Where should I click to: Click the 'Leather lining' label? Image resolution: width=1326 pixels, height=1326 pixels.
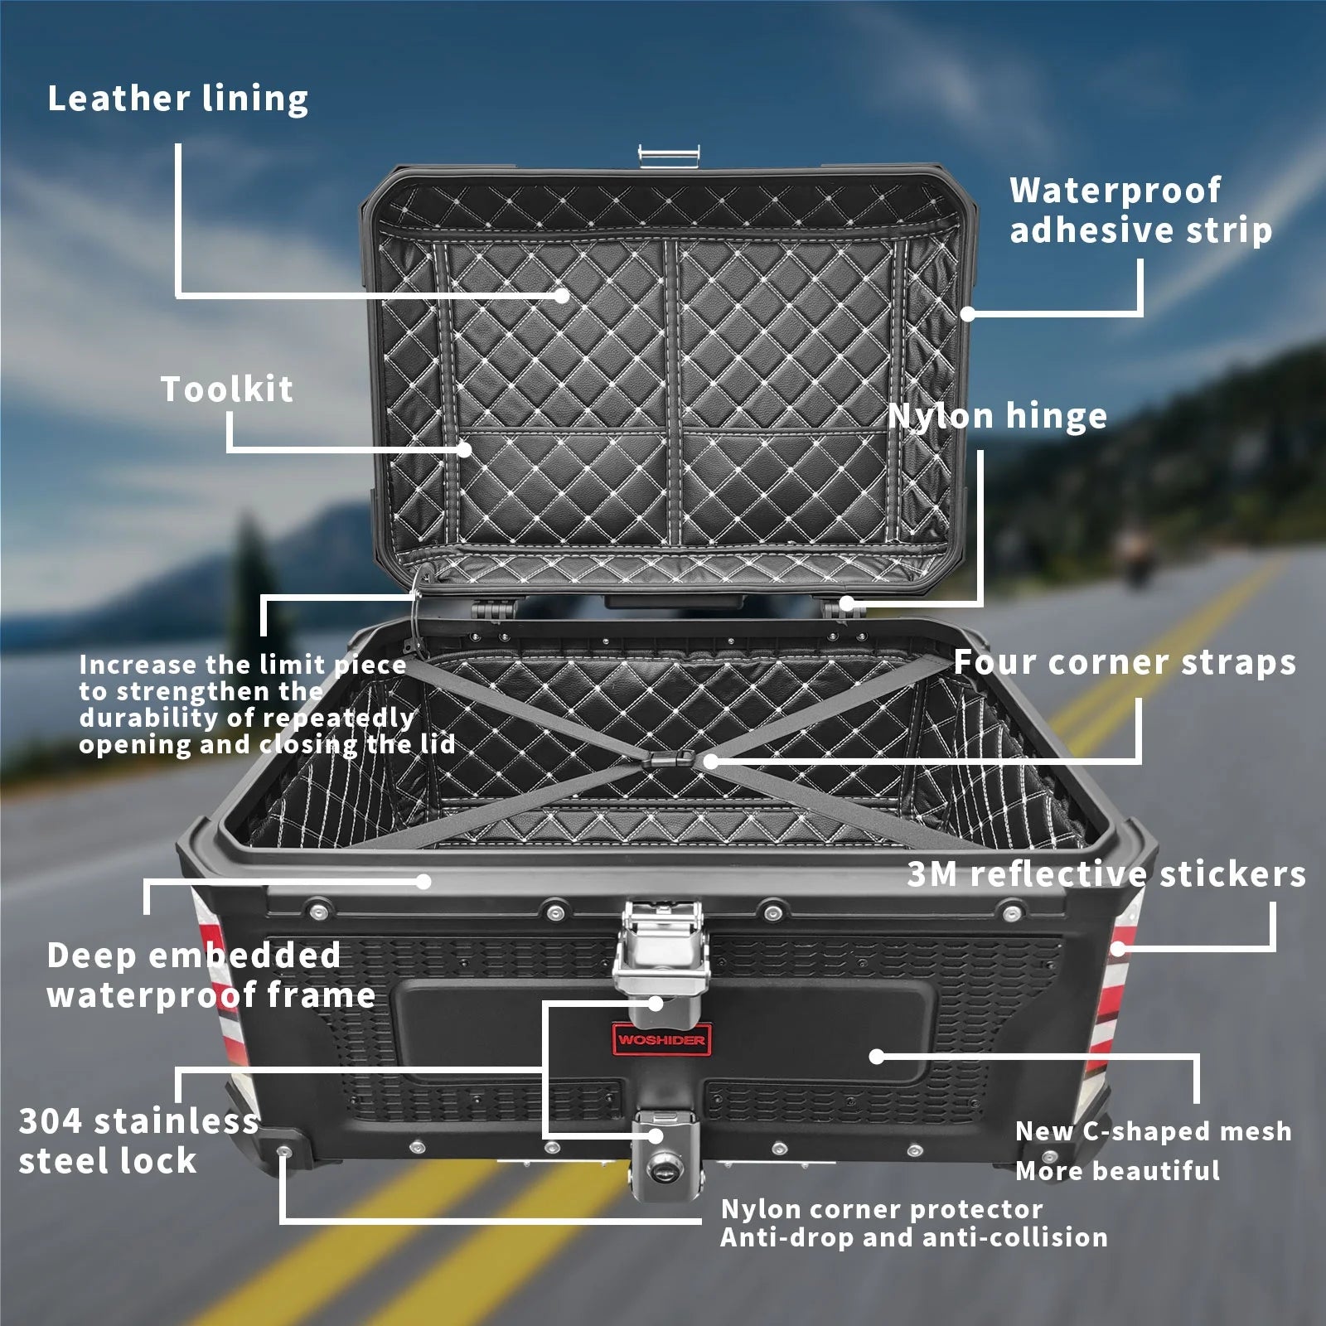pos(177,99)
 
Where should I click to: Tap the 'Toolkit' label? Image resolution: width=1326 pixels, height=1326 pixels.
pos(226,390)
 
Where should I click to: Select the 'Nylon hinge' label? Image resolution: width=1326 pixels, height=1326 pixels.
pos(997,416)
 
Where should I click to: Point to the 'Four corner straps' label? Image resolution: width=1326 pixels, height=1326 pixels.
pos(1125,662)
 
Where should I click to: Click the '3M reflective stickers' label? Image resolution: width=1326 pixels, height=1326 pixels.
pos(1106,874)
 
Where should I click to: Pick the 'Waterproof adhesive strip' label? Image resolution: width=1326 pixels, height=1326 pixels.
pos(1140,211)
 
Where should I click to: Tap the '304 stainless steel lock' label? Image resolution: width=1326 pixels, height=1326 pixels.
pos(138,1140)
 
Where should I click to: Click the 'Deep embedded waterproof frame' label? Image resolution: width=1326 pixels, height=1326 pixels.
pos(211,975)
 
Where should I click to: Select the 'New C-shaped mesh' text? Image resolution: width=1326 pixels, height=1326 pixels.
pos(1153,1131)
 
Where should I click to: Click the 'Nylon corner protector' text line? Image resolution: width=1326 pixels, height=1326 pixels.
pos(882,1209)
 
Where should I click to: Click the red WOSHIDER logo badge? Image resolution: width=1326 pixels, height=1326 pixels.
pos(661,1039)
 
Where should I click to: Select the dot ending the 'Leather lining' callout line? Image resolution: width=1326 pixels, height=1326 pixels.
pos(562,295)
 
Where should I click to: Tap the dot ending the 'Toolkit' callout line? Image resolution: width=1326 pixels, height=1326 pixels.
pos(464,449)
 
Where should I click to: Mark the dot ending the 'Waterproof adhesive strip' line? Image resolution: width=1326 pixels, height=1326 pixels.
pos(967,313)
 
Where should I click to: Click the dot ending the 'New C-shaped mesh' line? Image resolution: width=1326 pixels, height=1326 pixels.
pos(877,1057)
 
